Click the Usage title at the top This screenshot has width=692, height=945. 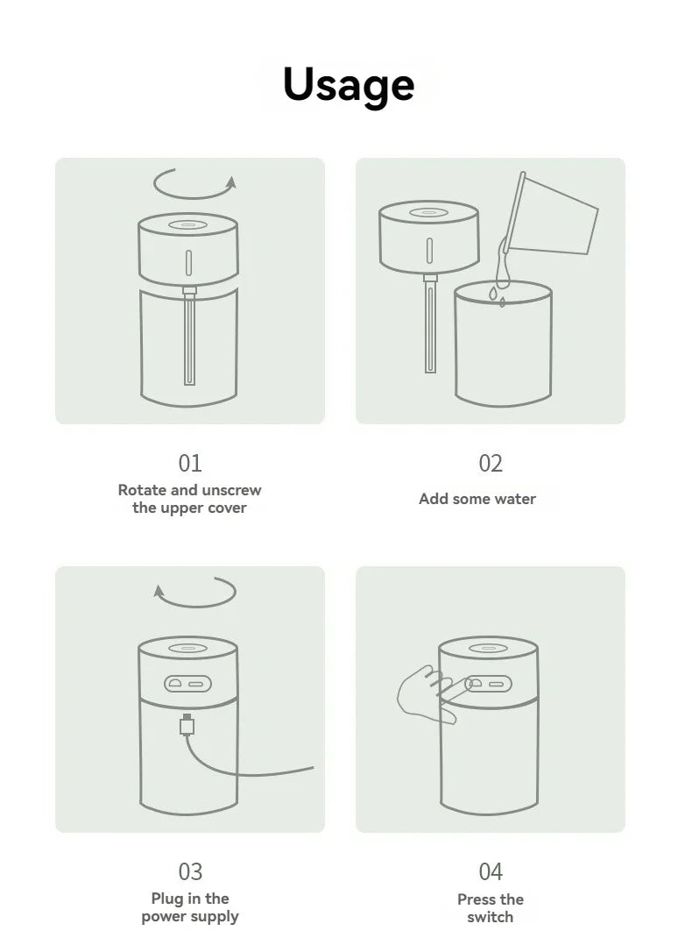(348, 84)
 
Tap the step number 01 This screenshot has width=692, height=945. (189, 464)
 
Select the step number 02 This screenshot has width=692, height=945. (490, 464)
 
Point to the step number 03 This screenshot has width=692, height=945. (189, 871)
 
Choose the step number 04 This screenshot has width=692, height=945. (490, 871)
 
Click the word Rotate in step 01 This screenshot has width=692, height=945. (142, 490)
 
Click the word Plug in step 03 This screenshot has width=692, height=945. (166, 899)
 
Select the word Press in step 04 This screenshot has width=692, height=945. (477, 899)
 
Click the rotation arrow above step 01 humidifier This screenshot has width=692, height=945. (194, 183)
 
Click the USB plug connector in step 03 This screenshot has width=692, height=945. (186, 726)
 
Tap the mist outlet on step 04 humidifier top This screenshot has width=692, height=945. (488, 650)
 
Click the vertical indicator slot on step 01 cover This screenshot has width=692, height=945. (187, 262)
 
